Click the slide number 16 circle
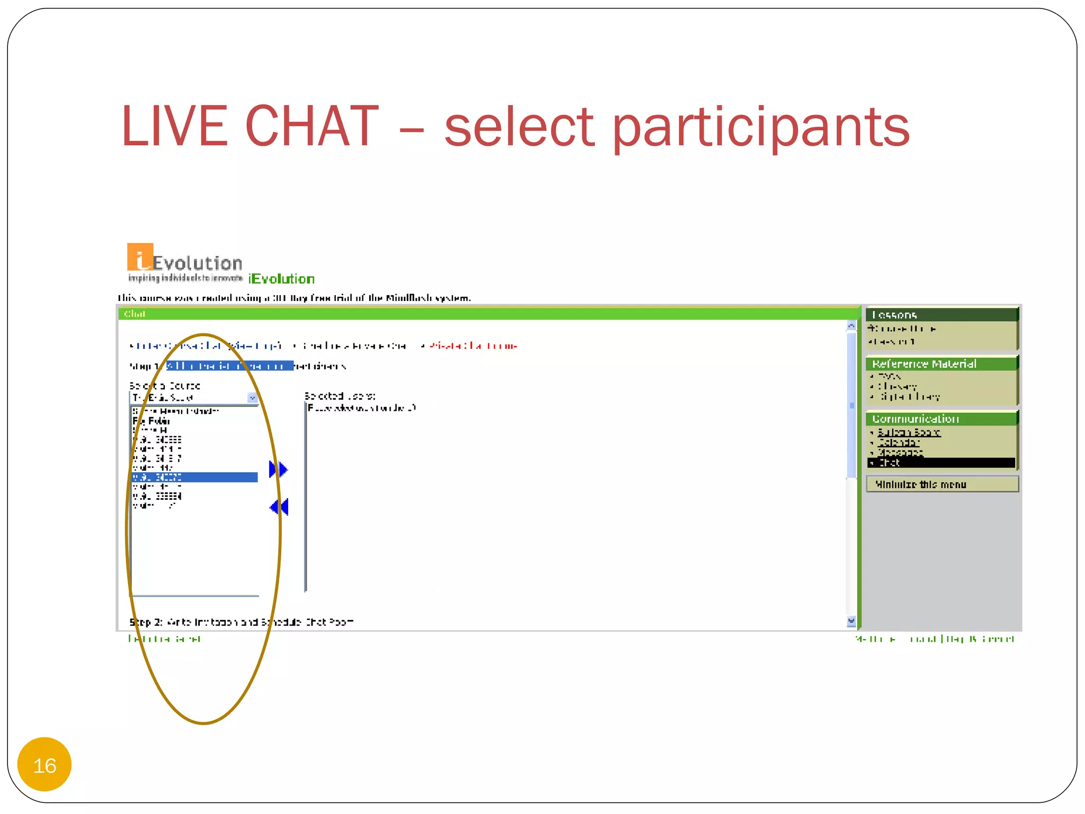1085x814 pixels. click(x=45, y=765)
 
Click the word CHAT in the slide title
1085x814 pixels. click(x=312, y=127)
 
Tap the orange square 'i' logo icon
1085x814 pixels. click(x=140, y=257)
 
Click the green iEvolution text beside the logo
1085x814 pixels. click(x=281, y=279)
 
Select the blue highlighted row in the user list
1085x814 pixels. click(x=194, y=477)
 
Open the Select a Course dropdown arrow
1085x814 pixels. click(x=252, y=398)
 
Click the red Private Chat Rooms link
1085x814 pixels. click(x=473, y=346)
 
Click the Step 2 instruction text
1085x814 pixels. click(x=242, y=622)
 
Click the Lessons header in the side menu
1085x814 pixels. click(x=894, y=315)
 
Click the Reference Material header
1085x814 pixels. click(x=924, y=364)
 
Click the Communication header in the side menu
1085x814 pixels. click(x=915, y=419)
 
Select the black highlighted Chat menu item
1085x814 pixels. click(x=941, y=463)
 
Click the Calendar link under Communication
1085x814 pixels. click(x=899, y=443)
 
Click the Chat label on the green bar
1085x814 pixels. click(x=135, y=314)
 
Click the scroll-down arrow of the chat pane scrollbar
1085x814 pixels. click(x=851, y=621)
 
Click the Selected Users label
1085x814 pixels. click(x=340, y=396)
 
